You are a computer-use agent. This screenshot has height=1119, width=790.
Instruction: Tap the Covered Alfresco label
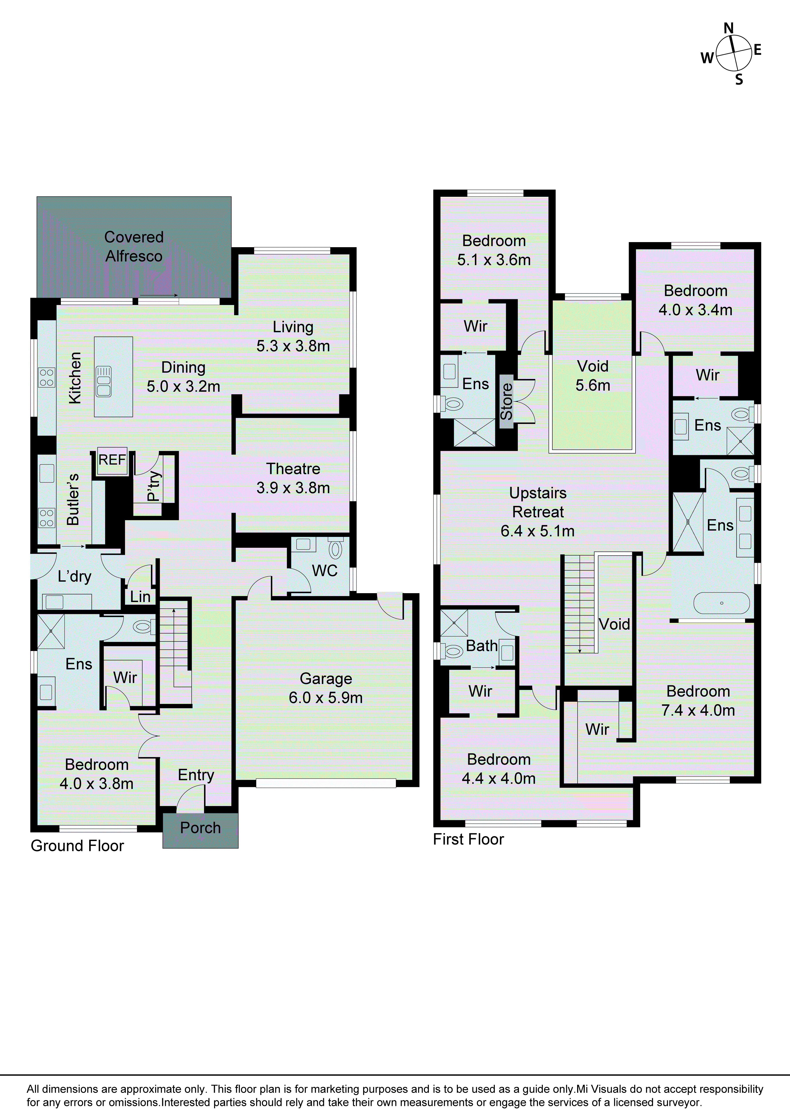[134, 247]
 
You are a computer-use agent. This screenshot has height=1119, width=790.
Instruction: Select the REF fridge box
[112, 460]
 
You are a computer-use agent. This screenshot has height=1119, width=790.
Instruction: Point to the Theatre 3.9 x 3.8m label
[293, 478]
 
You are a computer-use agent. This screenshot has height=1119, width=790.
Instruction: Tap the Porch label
[200, 828]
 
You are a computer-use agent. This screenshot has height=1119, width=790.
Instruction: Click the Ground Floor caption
[77, 846]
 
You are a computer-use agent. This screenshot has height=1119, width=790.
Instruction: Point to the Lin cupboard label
[140, 596]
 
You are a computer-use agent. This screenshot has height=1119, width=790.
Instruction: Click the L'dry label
[75, 577]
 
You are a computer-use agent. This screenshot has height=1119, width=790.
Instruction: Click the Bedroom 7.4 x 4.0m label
[698, 700]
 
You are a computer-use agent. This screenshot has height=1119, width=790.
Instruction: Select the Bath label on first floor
[482, 646]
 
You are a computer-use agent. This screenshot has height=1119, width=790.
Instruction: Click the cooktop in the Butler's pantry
[47, 518]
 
